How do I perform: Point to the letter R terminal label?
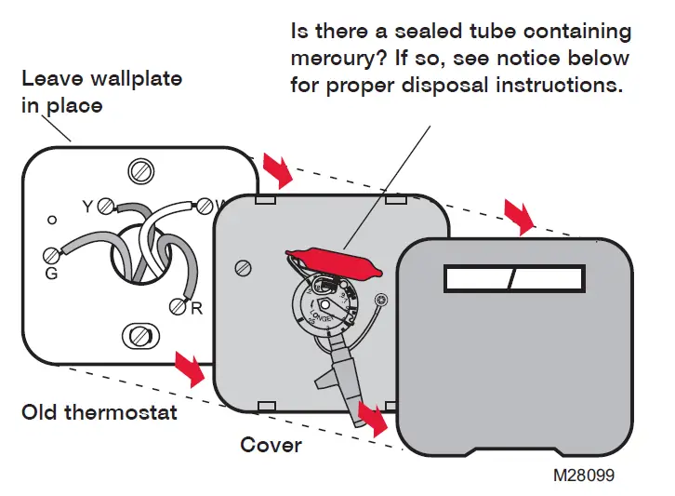coord(196,309)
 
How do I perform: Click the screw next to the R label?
coord(178,305)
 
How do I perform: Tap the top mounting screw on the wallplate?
coord(139,171)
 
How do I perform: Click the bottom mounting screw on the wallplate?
coord(138,334)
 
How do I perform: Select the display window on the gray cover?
coord(514,278)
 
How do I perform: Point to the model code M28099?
coord(583,475)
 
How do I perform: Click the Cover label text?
coord(271,445)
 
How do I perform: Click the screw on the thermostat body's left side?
coord(244,268)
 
